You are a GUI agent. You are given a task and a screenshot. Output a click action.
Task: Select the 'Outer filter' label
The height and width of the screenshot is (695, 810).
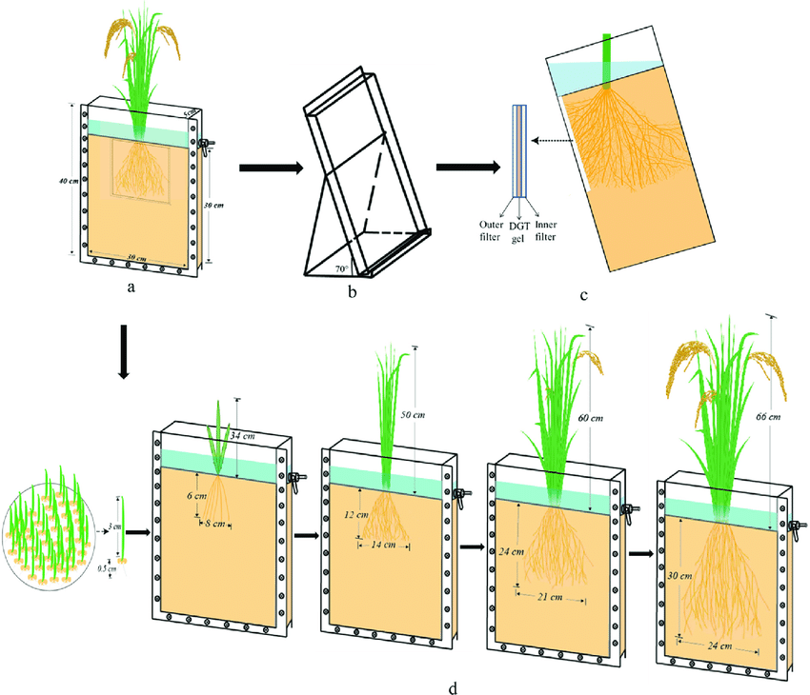(x=492, y=230)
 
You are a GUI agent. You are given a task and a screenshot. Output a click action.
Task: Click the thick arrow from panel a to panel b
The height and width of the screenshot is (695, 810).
(x=268, y=169)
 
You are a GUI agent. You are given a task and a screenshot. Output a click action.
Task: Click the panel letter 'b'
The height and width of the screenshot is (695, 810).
(x=353, y=292)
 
